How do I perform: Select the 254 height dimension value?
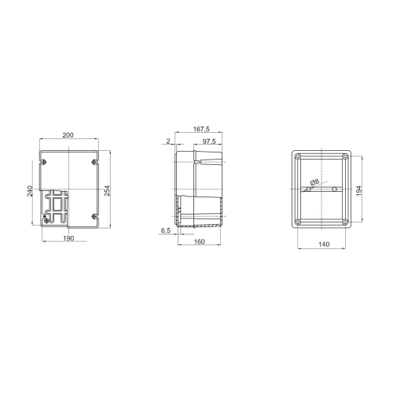106,190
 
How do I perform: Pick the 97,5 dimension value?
209,141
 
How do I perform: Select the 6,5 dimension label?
165,230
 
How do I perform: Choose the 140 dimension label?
322,245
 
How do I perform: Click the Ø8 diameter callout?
314,182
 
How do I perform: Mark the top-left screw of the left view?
43,162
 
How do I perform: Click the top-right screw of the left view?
94,162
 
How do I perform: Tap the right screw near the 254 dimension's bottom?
94,217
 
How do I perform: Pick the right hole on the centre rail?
334,190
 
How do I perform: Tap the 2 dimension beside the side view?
169,141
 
